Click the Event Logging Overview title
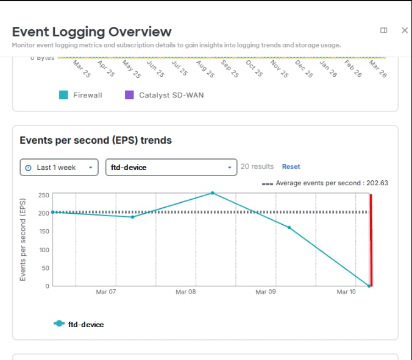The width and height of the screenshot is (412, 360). [x=91, y=32]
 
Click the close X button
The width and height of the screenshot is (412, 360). [x=404, y=30]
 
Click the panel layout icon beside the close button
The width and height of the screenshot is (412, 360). [x=383, y=30]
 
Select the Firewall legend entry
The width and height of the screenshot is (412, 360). [x=80, y=95]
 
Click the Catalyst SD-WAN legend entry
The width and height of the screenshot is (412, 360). [x=164, y=95]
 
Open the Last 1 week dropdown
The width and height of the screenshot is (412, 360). [x=59, y=167]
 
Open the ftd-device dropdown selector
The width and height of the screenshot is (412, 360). [x=171, y=167]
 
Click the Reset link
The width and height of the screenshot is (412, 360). [x=291, y=166]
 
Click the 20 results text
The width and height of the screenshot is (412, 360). [x=257, y=166]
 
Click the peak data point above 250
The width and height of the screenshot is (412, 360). [x=213, y=193]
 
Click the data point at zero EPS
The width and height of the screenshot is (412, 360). [x=369, y=286]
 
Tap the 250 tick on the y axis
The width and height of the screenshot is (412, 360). [x=43, y=195]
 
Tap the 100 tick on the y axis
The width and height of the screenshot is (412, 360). [x=43, y=250]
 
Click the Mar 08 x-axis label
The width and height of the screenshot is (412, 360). [x=185, y=292]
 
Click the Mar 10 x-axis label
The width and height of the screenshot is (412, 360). [x=346, y=292]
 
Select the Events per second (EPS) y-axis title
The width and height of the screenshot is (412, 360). [x=23, y=239]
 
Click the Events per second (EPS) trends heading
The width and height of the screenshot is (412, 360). [x=96, y=140]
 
